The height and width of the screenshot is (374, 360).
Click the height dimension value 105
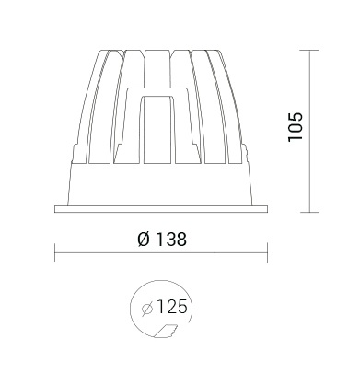(296, 127)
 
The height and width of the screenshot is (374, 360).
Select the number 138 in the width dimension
(171, 240)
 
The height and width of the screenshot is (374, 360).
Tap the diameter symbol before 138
(144, 240)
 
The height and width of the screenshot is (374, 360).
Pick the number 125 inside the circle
(171, 307)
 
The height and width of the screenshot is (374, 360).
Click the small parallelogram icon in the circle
(166, 331)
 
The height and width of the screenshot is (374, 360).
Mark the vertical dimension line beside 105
(309, 131)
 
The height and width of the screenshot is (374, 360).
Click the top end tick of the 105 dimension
(309, 50)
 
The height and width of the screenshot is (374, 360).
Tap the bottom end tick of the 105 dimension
(309, 212)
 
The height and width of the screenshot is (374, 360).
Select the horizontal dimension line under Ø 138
(161, 253)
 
